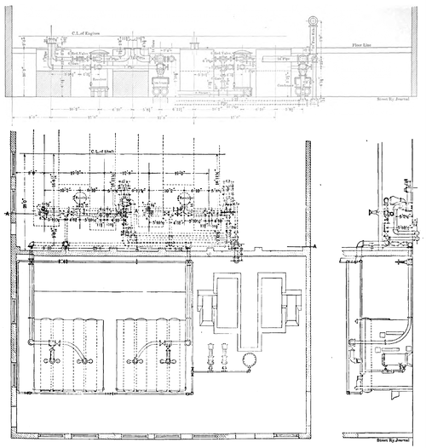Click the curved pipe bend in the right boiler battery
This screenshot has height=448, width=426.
[x=155, y=352]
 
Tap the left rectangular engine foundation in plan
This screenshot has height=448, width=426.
[x=227, y=301]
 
